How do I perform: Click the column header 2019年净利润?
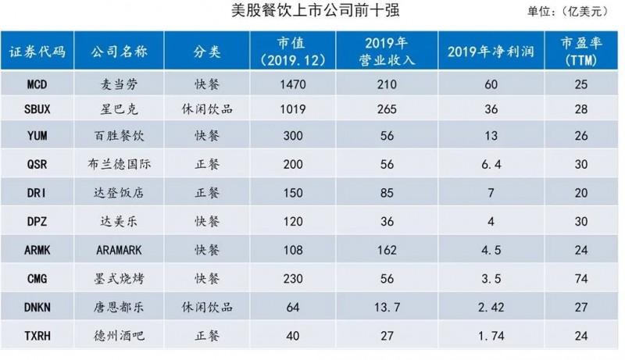(491, 52)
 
